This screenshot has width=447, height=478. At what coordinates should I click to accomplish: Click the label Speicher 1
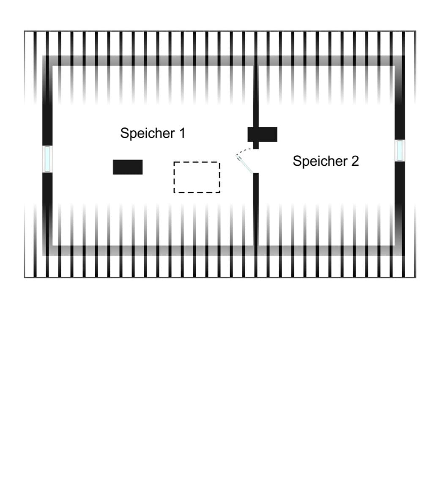153,133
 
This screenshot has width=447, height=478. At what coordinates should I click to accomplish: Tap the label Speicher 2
326,161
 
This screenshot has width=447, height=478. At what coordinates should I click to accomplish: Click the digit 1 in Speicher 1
182,133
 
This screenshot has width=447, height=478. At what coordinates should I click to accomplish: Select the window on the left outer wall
47,159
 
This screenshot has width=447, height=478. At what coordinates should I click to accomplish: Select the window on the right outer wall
400,150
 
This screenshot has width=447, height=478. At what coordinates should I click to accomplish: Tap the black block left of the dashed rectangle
128,167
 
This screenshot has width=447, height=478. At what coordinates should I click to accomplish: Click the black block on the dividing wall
262,135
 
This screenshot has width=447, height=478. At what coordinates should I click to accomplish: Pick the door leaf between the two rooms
244,164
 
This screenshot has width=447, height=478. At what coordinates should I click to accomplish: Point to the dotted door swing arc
244,151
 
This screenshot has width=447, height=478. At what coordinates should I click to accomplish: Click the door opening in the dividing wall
256,161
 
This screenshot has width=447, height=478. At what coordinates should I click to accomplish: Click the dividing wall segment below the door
256,210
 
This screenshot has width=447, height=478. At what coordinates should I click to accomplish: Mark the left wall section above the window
47,101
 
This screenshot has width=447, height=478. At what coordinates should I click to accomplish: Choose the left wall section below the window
47,213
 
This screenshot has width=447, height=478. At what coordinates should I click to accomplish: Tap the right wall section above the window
400,98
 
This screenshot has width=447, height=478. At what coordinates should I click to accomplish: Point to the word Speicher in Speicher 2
320,161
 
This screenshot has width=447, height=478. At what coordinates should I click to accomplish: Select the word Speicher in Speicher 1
148,133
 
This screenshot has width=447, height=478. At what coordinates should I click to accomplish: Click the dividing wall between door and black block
256,146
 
